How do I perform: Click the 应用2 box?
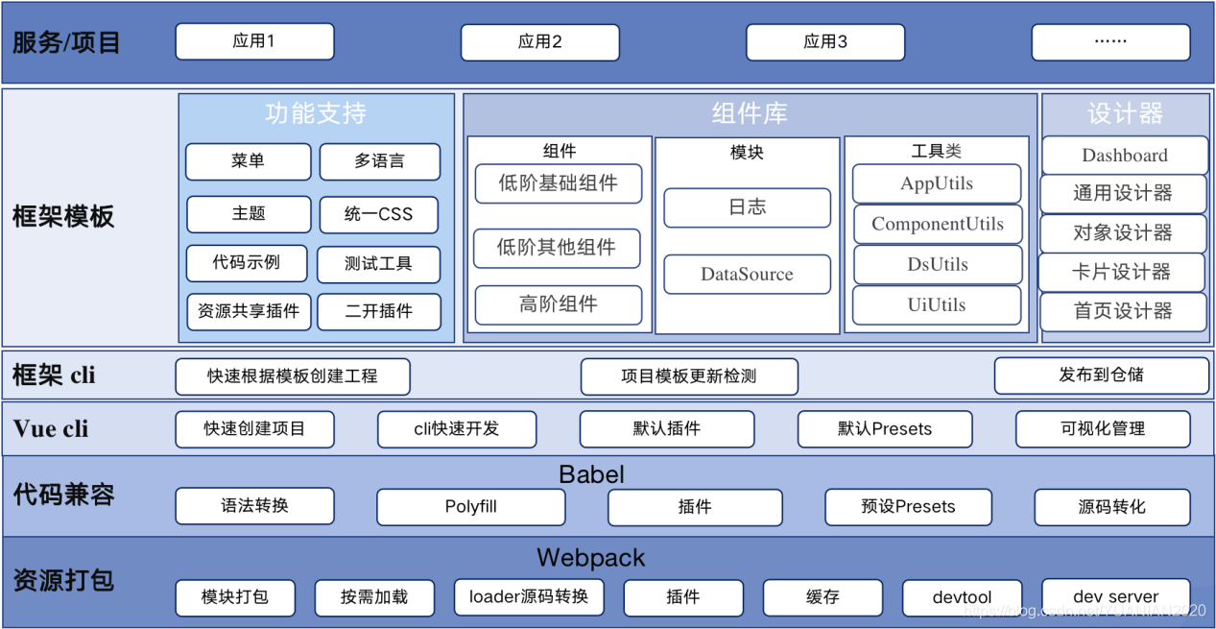click(539, 42)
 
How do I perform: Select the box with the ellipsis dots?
click(1110, 42)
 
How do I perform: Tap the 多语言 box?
click(379, 161)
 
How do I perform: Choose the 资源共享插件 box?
click(249, 311)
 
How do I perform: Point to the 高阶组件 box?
click(558, 304)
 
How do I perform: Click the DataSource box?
click(747, 275)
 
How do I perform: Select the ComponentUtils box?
click(938, 225)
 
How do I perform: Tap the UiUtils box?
click(937, 305)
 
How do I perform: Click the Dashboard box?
click(1124, 156)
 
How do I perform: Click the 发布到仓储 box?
click(1101, 375)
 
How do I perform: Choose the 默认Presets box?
click(884, 429)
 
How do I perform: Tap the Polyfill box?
click(470, 507)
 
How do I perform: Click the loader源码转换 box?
click(529, 597)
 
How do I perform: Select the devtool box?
click(962, 597)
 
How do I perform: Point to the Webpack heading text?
click(590, 558)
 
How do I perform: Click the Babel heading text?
click(591, 474)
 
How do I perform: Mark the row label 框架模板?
click(63, 217)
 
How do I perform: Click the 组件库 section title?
click(750, 114)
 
